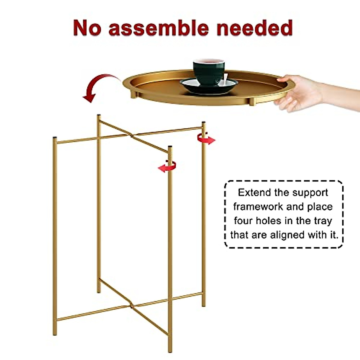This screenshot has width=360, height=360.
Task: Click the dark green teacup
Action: tap(208, 72)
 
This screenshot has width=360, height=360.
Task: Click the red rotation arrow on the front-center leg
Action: tap(167, 166)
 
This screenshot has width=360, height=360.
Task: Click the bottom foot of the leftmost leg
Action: tap(55, 333)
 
